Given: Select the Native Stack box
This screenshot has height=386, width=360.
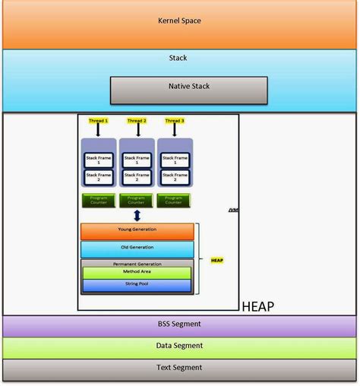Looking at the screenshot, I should coord(178,87).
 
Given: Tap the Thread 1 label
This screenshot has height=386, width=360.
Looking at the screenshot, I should coord(98,120).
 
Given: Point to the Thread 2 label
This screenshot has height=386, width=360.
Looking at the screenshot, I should coord(137,120).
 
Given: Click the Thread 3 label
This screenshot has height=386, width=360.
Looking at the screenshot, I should coord(175,120).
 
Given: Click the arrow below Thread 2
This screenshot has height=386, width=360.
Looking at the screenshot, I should coord(137,130).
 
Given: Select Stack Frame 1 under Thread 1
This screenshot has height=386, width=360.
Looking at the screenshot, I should coord(99,160).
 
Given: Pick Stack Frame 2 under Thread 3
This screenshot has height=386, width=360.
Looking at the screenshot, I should coord(175,178).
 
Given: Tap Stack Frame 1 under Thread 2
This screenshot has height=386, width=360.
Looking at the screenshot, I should coord(137,160).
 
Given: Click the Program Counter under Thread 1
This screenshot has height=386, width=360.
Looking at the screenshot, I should coord(99,201).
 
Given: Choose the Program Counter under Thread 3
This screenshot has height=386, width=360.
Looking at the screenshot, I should coord(175,201).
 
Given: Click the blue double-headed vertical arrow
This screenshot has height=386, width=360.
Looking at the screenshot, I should coord(137,216).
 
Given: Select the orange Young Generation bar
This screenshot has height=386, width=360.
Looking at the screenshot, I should coord(137,230).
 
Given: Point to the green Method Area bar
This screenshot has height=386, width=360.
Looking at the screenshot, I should coord(137,272).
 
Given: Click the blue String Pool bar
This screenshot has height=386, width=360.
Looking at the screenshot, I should coord(137,285).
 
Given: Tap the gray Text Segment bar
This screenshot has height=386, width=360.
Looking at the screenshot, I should coord(178,368).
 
